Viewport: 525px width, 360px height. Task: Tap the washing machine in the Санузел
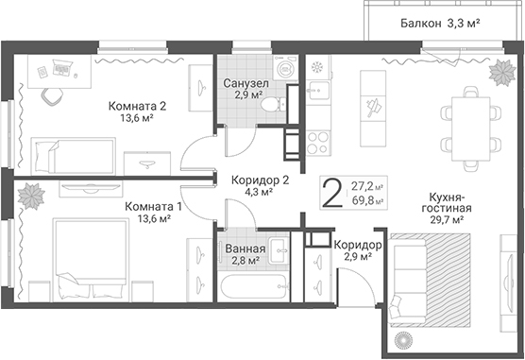coord(285,67)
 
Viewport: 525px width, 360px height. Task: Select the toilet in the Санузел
coord(274,105)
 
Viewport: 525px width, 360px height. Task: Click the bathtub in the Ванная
coord(254,286)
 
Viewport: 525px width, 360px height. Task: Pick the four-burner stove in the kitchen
coord(318,143)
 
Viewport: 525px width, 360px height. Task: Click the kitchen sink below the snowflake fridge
coord(318,90)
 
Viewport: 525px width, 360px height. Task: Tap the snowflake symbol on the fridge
coord(316,67)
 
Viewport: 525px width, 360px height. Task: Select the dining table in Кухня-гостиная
coord(471,129)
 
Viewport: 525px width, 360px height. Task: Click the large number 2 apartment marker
coord(331,193)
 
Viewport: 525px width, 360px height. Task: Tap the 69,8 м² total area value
coord(367,201)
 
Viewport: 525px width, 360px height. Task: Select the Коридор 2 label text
coord(261,180)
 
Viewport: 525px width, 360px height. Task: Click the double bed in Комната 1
coord(91,260)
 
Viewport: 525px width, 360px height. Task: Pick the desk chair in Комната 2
coord(52,96)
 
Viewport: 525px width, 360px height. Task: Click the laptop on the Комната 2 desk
coord(62,67)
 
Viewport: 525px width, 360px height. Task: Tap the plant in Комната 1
coord(31,197)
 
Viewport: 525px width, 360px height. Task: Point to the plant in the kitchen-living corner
coord(502,73)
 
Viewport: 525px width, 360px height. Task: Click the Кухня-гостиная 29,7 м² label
coord(447,208)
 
